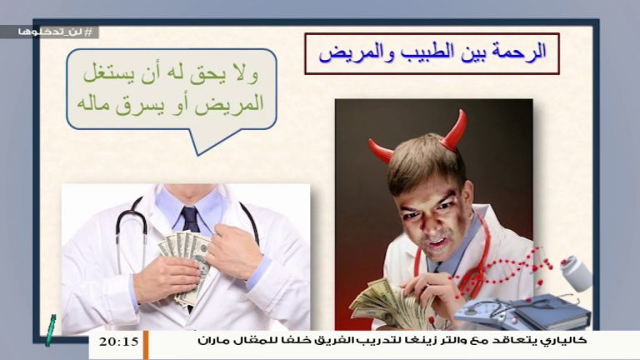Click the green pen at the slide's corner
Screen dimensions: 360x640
pyautogui.click(x=50, y=329)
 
